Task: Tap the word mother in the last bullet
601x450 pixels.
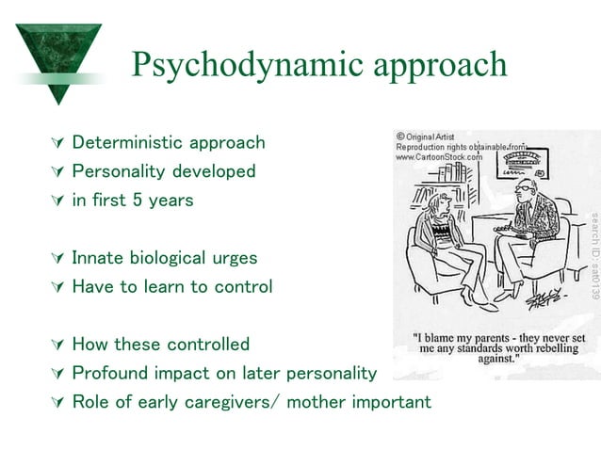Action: coord(317,402)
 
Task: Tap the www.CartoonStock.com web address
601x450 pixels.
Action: coord(439,158)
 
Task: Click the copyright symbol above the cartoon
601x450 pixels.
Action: coord(400,137)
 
